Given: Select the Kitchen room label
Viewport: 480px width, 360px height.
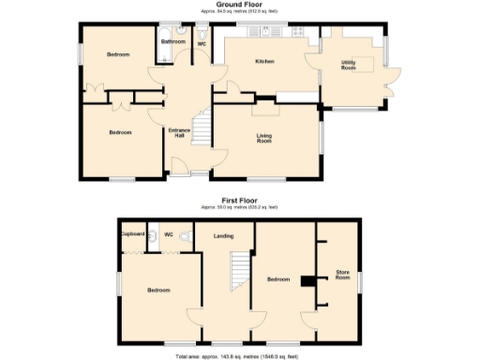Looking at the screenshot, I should [x=264, y=62].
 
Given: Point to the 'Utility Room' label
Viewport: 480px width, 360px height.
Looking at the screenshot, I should [x=348, y=66].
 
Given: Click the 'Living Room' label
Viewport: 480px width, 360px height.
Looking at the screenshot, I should [x=264, y=138].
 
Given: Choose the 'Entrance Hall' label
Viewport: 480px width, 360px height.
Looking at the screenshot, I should [x=179, y=133].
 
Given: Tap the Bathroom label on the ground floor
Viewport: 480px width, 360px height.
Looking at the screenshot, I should [x=172, y=42].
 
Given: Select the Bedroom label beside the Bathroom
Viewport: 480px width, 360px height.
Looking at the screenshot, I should [x=117, y=55].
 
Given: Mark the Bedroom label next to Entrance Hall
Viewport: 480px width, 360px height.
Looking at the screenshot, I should [x=120, y=133].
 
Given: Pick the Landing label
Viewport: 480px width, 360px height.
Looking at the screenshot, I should [x=223, y=236].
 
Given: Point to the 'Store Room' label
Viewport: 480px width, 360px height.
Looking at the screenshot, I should [x=343, y=276].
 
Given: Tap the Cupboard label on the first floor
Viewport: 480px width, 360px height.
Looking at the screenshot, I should [x=132, y=233].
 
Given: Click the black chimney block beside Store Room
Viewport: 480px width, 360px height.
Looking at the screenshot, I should [x=307, y=279].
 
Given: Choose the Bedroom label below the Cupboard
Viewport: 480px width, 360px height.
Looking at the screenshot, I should [x=157, y=290].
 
